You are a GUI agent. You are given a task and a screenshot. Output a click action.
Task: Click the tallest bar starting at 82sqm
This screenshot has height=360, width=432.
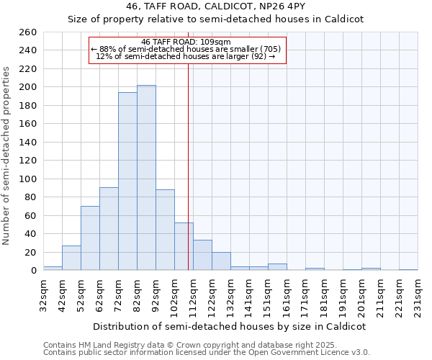146,178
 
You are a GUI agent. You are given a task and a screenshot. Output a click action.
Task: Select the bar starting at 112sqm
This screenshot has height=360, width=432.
202,255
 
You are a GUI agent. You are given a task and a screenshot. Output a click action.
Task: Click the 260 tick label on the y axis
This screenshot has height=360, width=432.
28,32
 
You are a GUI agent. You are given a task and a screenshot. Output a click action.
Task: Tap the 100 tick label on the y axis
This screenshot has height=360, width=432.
28,179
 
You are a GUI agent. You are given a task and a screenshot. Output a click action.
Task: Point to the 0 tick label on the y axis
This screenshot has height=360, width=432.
33,271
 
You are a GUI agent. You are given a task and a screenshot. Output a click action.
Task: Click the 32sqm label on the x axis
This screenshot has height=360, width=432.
43,296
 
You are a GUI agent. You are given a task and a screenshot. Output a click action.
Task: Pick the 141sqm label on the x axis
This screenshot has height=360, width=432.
249,296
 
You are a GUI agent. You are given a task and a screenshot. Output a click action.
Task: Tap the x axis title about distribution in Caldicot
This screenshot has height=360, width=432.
230,326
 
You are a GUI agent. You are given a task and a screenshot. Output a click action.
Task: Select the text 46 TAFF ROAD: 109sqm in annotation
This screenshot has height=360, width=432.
186,42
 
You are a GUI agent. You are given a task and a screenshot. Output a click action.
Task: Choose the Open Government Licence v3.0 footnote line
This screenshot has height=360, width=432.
207,353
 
